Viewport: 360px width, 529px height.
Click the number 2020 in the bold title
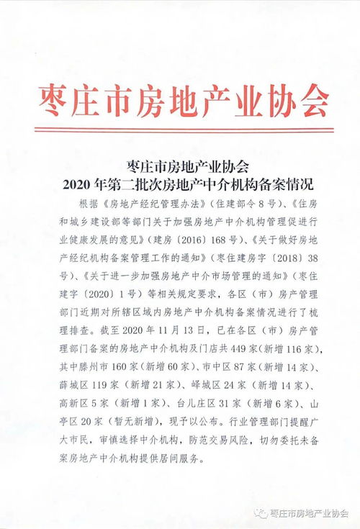point(78,184)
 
